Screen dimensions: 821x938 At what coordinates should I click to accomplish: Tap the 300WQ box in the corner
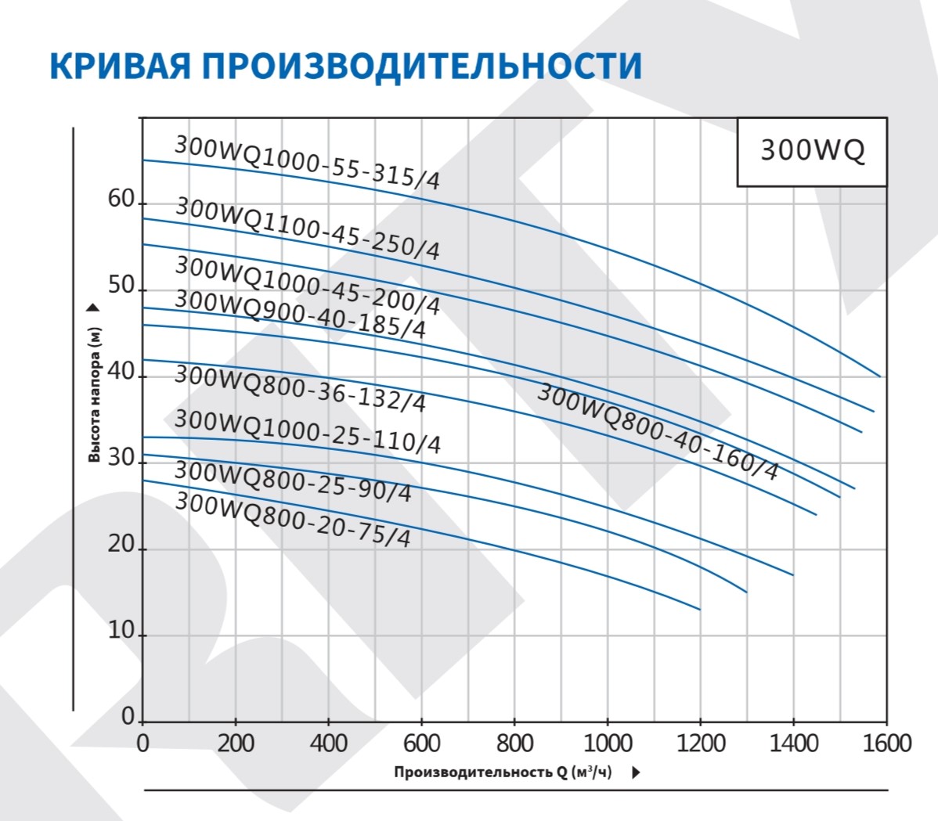813,151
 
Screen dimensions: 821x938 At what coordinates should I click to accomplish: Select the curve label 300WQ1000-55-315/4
307,163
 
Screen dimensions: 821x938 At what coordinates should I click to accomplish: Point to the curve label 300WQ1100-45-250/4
307,228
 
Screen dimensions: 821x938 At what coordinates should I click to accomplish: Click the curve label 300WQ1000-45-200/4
307,286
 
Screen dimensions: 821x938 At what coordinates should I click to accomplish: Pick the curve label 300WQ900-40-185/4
300,313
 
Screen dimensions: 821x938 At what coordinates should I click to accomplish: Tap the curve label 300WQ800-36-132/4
300,387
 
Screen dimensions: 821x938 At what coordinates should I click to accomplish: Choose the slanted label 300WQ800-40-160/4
658,431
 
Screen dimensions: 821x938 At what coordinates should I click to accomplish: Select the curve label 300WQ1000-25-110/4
307,431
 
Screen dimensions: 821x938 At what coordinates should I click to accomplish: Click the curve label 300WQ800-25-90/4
292,481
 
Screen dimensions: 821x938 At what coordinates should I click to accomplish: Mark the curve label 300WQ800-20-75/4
292,519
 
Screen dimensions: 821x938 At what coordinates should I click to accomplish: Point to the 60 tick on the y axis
122,200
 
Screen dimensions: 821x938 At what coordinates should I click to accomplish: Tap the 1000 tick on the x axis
608,742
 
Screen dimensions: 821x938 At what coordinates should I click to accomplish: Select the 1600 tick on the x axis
886,742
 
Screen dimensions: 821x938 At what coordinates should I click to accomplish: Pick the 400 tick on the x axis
329,742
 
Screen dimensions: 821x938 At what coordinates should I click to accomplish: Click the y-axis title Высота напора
95,395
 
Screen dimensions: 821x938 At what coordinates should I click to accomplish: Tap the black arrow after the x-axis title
636,772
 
